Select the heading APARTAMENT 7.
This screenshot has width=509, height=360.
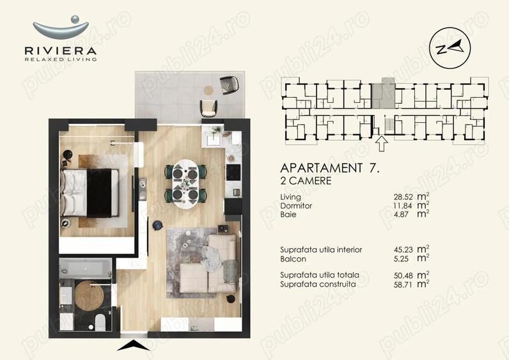point(330,168)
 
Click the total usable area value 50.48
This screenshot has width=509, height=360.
point(401,275)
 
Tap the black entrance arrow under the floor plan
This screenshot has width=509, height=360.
point(133,346)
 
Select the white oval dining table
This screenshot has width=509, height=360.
point(186,183)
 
